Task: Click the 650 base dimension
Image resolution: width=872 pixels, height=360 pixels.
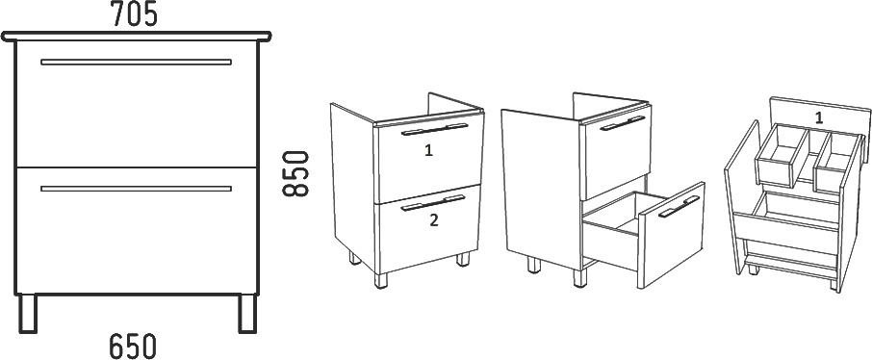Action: [133, 346]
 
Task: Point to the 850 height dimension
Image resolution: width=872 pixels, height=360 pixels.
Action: [295, 173]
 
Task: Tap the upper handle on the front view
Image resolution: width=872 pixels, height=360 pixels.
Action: [137, 62]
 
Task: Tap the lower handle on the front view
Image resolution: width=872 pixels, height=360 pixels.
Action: [137, 189]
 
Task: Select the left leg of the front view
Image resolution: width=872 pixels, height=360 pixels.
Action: [28, 313]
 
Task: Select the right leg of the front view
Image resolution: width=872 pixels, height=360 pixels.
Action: [247, 313]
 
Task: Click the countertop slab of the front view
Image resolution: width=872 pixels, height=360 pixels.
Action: [137, 37]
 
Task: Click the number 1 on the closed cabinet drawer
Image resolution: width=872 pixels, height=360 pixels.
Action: [428, 151]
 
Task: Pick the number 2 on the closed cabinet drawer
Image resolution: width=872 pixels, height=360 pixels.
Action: [434, 220]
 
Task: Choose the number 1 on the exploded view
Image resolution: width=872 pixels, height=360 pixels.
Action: [819, 117]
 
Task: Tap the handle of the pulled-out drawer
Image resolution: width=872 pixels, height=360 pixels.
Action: [679, 206]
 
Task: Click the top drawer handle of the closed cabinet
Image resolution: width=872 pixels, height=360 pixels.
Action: [435, 129]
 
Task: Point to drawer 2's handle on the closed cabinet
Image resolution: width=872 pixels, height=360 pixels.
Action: [433, 203]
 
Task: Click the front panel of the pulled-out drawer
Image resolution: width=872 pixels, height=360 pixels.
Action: [671, 235]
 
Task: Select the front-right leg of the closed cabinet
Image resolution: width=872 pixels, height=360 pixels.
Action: [463, 259]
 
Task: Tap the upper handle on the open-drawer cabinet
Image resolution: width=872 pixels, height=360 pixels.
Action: [623, 123]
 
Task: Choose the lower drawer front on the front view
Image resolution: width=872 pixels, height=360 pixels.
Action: [137, 230]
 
